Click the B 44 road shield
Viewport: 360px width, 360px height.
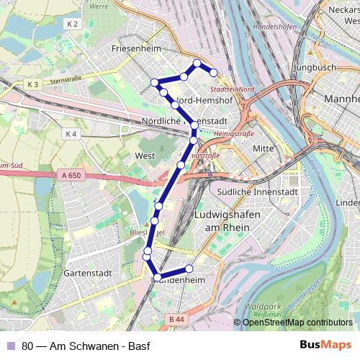pyautogui.click(x=176, y=318)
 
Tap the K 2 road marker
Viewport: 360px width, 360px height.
pyautogui.click(x=71, y=24)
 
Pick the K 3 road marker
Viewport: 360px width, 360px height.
pyautogui.click(x=32, y=85)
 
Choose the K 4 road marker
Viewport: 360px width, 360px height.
pyautogui.click(x=70, y=134)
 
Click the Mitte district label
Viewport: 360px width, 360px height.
pyautogui.click(x=265, y=148)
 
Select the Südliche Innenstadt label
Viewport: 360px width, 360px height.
pyautogui.click(x=257, y=192)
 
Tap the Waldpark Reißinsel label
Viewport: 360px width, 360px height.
pyautogui.click(x=261, y=310)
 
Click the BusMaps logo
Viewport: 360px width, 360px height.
pyautogui.click(x=325, y=346)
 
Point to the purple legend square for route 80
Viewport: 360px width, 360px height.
pyautogui.click(x=11, y=346)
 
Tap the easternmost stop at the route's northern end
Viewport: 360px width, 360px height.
pyautogui.click(x=213, y=72)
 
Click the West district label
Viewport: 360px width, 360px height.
pyautogui.click(x=145, y=156)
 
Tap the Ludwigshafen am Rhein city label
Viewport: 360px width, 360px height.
pyautogui.click(x=222, y=221)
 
